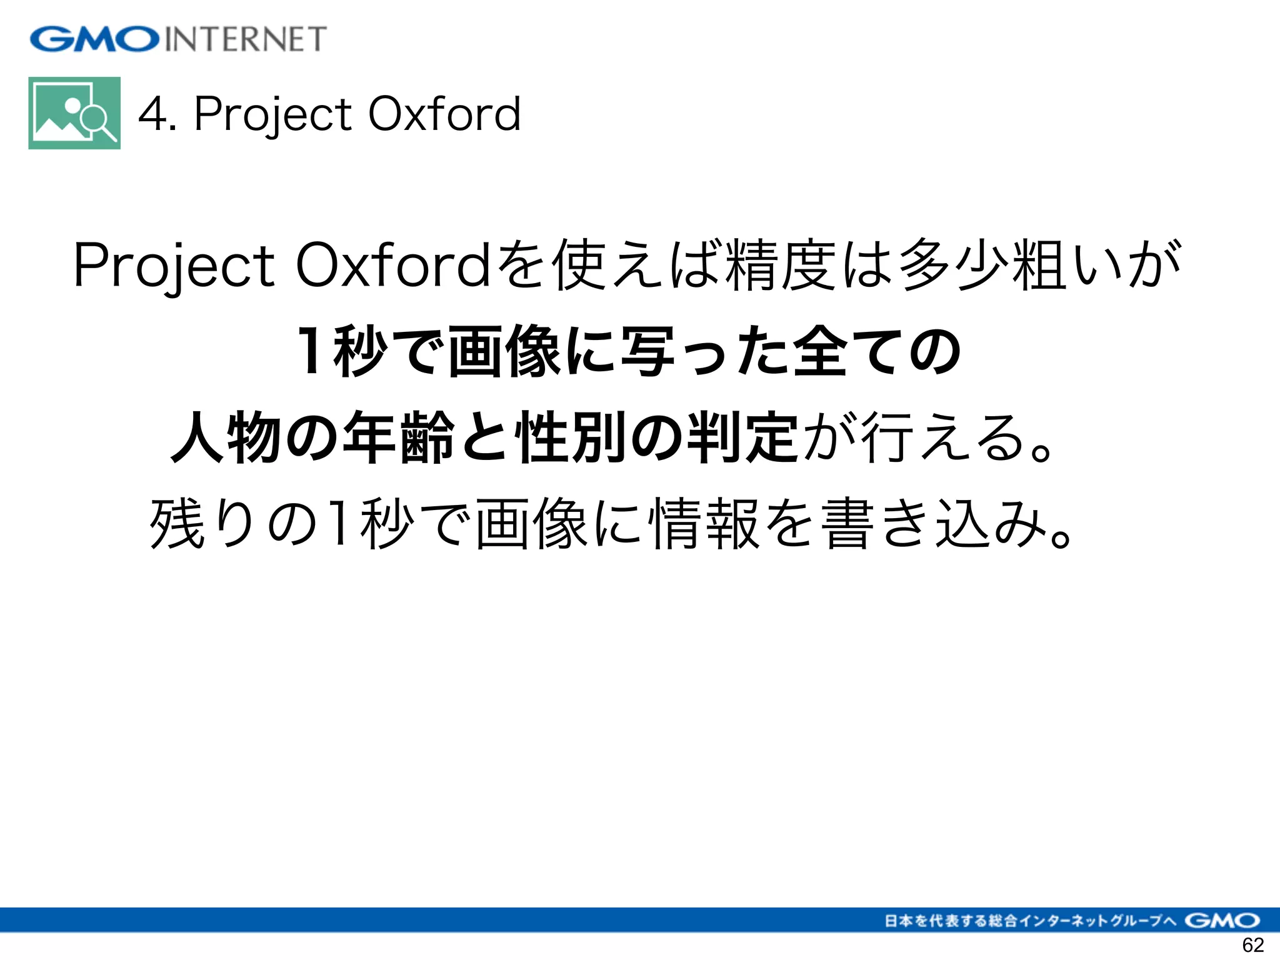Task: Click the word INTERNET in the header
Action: point(246,39)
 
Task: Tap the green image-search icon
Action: point(74,113)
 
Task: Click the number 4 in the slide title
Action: point(152,114)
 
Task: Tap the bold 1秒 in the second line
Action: point(341,351)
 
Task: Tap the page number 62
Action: point(1252,945)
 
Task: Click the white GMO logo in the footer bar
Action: point(1222,920)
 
